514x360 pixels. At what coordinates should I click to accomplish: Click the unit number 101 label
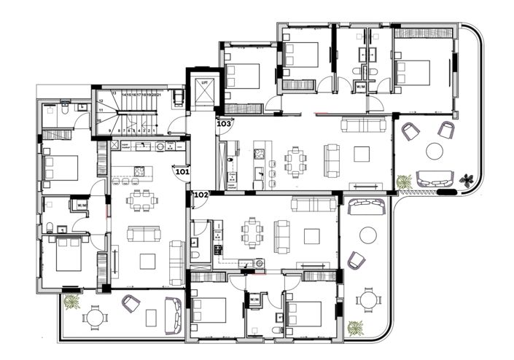182,173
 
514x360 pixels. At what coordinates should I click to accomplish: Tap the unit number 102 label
200,195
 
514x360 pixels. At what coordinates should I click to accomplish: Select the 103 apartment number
224,124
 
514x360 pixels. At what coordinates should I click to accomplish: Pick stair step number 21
158,95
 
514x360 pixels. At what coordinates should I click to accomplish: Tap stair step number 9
109,130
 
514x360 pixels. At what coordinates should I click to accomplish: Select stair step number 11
101,110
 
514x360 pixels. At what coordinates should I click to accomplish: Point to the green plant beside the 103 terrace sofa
403,181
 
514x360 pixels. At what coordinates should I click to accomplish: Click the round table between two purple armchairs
435,152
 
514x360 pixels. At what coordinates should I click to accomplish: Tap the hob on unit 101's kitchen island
139,171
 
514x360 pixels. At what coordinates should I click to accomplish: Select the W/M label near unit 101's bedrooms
82,206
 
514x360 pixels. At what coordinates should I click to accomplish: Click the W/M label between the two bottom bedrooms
254,300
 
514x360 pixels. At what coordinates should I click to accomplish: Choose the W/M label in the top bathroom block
360,87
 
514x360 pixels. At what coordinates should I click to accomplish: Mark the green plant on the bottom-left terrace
71,301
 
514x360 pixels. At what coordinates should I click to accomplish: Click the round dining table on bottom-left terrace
95,317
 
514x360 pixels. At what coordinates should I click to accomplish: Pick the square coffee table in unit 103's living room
362,153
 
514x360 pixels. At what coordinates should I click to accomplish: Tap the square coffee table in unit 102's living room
311,236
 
